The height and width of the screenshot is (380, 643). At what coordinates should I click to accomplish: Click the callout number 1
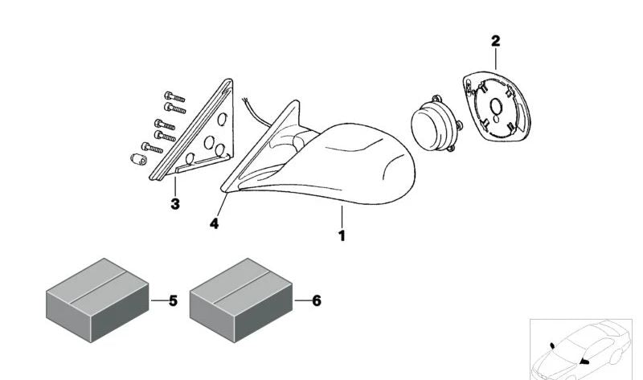coord(342,235)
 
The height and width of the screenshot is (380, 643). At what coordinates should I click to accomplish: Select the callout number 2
coord(496,41)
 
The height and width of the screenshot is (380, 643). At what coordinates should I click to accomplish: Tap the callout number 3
coord(175,204)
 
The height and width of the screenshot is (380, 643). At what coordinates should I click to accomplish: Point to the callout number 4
coord(214,224)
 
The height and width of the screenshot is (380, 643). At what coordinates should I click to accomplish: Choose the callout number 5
coord(173,301)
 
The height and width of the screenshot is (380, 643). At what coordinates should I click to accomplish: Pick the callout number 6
coord(317,301)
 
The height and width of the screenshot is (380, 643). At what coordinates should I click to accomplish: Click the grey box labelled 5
coord(97,300)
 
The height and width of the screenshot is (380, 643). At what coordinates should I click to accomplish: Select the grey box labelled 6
coord(240,300)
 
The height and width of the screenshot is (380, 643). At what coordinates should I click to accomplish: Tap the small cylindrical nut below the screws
coord(138,159)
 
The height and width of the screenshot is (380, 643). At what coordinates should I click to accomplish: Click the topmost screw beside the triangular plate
coord(174,97)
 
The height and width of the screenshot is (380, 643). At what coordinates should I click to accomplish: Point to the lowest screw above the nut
coord(152,148)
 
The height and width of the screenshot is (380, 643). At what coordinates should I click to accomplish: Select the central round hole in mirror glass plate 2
coord(496,107)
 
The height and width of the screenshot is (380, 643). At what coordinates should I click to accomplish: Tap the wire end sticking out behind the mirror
coord(245,100)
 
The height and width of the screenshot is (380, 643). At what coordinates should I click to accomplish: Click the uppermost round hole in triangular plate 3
coord(222,119)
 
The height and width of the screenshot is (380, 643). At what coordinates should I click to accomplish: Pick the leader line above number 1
coord(342,217)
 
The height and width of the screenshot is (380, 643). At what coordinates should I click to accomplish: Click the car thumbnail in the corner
coord(581,349)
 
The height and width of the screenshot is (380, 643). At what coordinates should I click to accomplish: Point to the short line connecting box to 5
coord(158,300)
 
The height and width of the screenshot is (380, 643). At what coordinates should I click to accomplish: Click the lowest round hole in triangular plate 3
coord(190,159)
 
